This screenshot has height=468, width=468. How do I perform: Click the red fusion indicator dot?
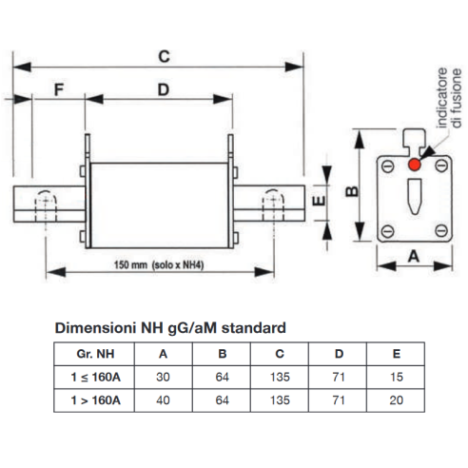point(415,165)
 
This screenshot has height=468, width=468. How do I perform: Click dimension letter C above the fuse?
point(164,56)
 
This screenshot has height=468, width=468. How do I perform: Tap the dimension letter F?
point(59,89)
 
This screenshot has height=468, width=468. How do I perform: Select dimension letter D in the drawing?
point(164,89)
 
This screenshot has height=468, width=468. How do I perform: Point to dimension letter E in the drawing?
point(319,201)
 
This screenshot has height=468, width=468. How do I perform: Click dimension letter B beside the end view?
point(352,191)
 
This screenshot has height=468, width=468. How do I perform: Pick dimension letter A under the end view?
point(414,256)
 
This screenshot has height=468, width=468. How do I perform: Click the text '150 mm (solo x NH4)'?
point(159,264)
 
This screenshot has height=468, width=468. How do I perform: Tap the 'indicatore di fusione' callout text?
point(449,98)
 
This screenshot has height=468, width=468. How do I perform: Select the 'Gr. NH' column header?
point(95,354)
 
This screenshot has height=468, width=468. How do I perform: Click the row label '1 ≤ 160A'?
point(95,377)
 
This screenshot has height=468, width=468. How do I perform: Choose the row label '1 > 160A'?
point(95,400)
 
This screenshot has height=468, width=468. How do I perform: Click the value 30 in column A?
point(163,377)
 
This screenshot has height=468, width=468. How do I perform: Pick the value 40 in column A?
point(163,400)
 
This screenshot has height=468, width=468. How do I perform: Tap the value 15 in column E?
point(397,377)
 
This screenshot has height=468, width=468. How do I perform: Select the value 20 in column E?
point(397,400)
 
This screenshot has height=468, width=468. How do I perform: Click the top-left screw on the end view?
point(387,166)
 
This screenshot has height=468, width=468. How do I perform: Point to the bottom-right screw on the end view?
point(441,230)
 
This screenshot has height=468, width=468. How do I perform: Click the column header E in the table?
point(397,354)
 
